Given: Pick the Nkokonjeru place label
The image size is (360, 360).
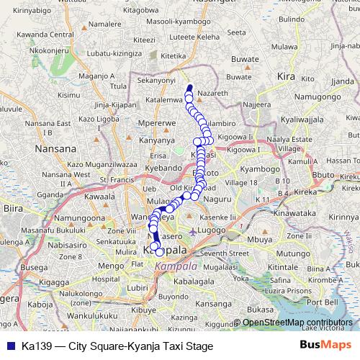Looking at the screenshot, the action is (28, 52).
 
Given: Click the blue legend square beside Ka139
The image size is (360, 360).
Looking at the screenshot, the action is (9, 346).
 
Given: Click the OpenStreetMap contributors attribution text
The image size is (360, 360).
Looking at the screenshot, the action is (298, 323).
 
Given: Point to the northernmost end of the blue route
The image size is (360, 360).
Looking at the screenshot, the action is (190, 88).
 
